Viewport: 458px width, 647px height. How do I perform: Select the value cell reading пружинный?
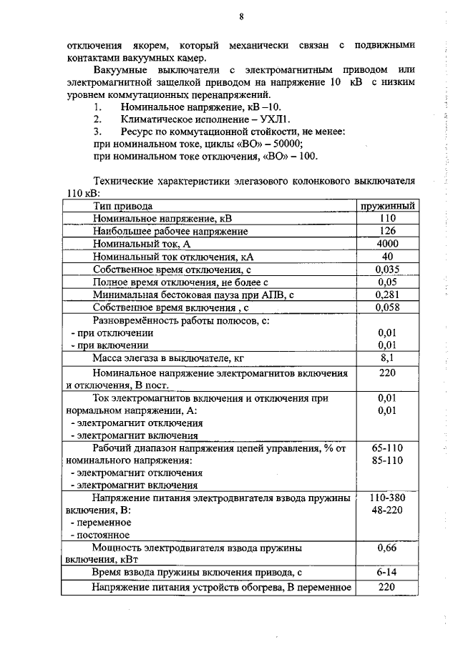tap(388, 206)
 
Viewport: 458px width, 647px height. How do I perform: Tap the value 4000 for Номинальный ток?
tap(388, 244)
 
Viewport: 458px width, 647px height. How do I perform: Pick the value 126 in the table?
tap(388, 231)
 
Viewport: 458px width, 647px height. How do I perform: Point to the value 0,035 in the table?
tap(388, 270)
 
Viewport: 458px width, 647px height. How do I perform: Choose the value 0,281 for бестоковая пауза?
tap(388, 295)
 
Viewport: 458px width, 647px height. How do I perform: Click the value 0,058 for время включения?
tap(388, 307)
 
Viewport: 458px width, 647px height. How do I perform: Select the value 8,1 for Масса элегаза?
tap(388, 358)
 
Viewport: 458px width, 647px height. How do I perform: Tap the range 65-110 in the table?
tap(388, 448)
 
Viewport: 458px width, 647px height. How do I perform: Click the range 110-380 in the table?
tap(388, 498)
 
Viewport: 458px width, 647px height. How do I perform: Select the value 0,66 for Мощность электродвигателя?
tap(388, 548)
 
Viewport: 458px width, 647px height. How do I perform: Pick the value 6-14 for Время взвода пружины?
tap(388, 573)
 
